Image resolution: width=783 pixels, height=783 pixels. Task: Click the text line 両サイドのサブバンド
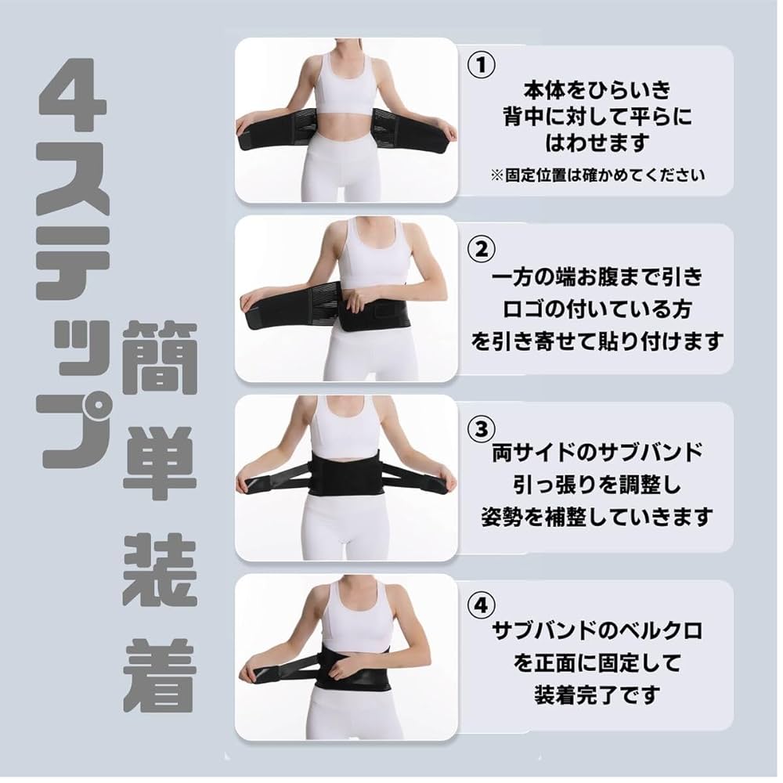597,453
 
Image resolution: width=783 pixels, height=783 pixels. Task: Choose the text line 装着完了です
597,694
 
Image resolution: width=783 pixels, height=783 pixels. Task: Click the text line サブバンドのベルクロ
597,630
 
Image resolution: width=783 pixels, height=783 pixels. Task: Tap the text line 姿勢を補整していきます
597,517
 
